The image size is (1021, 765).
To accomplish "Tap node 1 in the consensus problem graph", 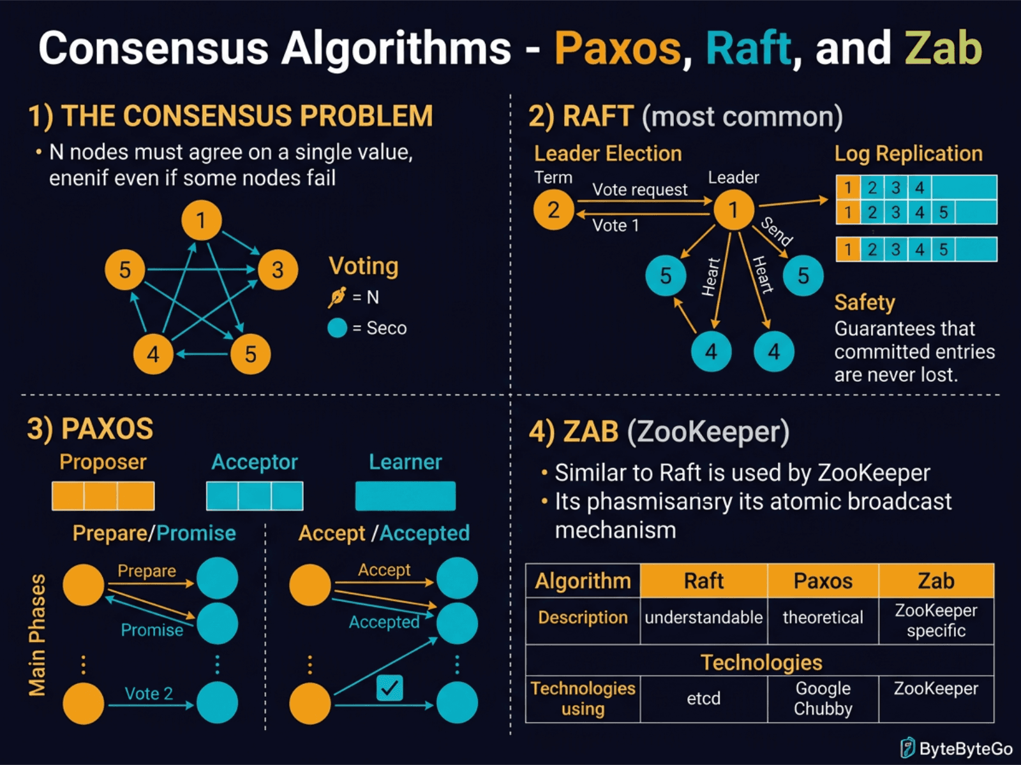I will coord(201,221).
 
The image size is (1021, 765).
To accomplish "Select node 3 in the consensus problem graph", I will coord(278,270).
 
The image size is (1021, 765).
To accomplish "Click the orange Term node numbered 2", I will coord(553,210).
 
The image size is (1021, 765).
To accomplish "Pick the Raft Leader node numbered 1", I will coord(733,210).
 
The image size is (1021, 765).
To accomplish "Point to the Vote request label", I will coord(639,189).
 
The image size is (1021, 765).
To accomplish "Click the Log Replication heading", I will coord(908,154).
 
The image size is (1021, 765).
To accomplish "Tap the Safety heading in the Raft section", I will coord(865,302).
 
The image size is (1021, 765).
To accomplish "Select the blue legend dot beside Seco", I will coord(337,328).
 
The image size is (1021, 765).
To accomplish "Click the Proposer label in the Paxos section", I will coord(103,462).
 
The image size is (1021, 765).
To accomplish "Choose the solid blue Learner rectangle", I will coord(405,496).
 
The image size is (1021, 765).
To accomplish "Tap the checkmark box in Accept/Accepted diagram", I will coord(389,688).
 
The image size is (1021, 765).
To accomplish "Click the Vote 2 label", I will coord(149,694).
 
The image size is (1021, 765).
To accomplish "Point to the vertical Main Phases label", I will coord(37,635).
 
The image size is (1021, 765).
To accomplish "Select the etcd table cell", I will coord(703,699).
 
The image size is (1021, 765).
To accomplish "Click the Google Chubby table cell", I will coord(823,699).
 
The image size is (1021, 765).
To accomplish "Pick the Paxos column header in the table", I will coord(823,581).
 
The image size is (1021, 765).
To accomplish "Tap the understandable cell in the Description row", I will coord(703,617).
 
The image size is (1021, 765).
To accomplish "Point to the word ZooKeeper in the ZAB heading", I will coord(708,432).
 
